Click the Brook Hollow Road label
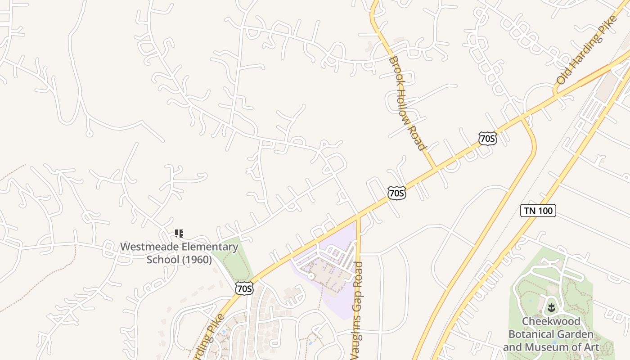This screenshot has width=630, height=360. (x=406, y=103)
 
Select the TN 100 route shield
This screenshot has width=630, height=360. (x=538, y=210)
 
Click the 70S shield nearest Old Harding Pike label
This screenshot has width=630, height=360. (x=487, y=138)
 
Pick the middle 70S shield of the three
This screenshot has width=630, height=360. (x=396, y=193)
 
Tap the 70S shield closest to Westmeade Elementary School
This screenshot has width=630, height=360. (x=244, y=288)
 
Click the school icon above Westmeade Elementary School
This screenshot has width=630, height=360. (x=179, y=233)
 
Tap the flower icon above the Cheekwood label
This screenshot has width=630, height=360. (x=551, y=308)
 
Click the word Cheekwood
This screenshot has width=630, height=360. (x=551, y=322)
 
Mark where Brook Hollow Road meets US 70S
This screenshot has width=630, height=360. (x=435, y=168)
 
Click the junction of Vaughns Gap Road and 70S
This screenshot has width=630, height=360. (x=358, y=217)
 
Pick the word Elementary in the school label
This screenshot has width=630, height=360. (x=210, y=247)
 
